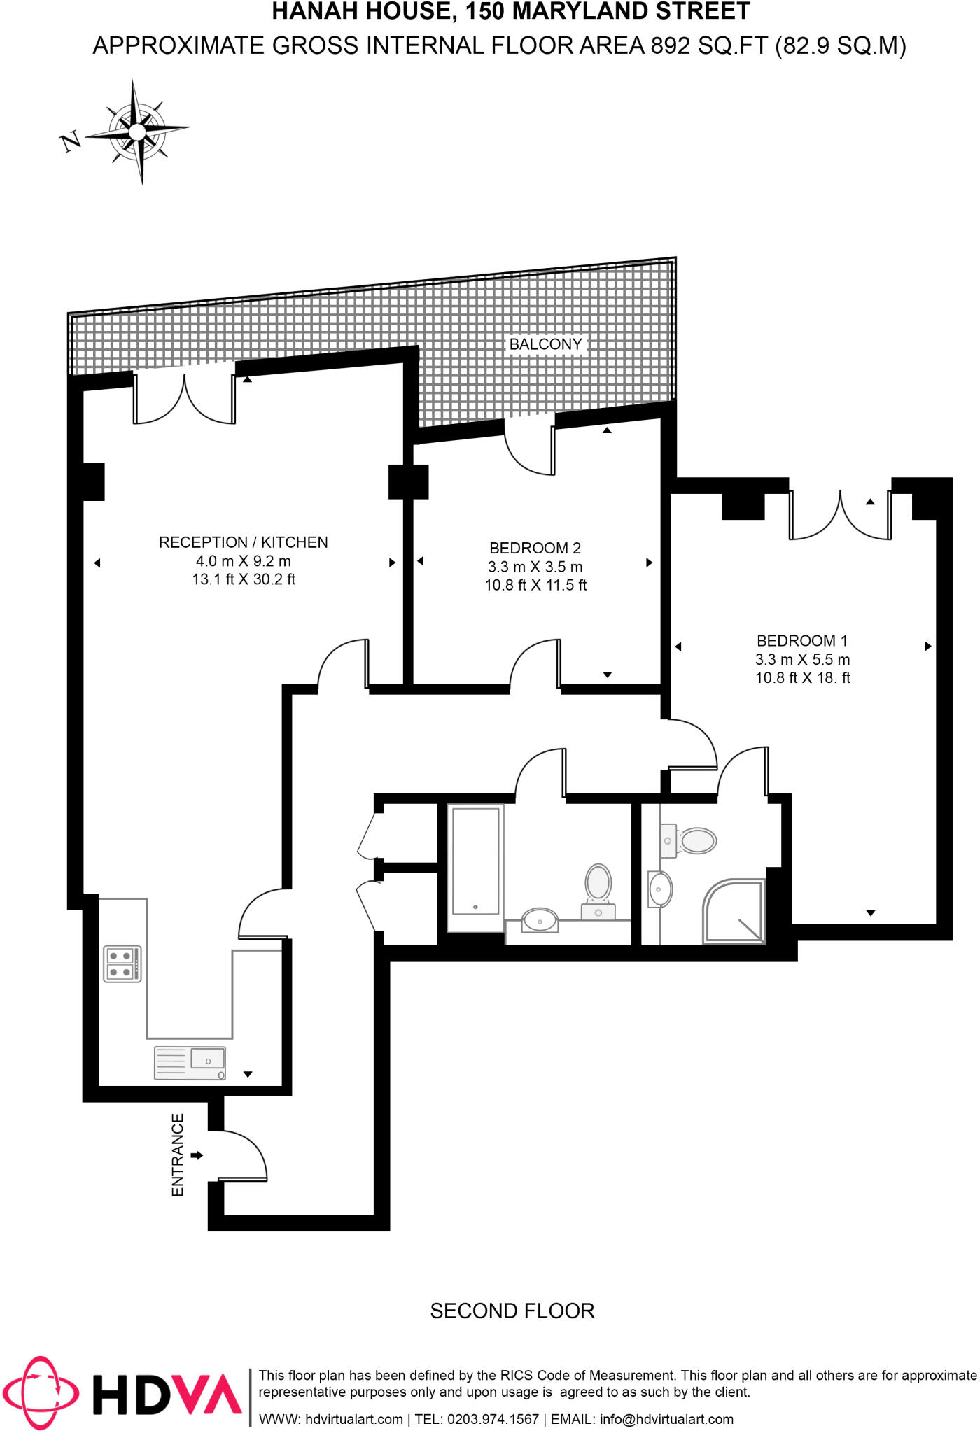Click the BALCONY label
[x=545, y=344]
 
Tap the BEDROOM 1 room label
[x=801, y=641]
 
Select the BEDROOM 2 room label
[x=535, y=548]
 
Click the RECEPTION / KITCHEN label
[x=243, y=542]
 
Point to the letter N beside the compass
[x=71, y=142]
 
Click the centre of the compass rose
[x=138, y=132]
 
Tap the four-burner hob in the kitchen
[x=122, y=963]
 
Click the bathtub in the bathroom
[x=476, y=861]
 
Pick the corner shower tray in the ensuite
[x=734, y=911]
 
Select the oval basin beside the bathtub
[x=540, y=920]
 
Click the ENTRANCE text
[x=178, y=1155]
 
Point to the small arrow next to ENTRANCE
[x=197, y=1155]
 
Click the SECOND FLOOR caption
[x=512, y=1311]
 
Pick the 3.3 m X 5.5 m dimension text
[x=802, y=659]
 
